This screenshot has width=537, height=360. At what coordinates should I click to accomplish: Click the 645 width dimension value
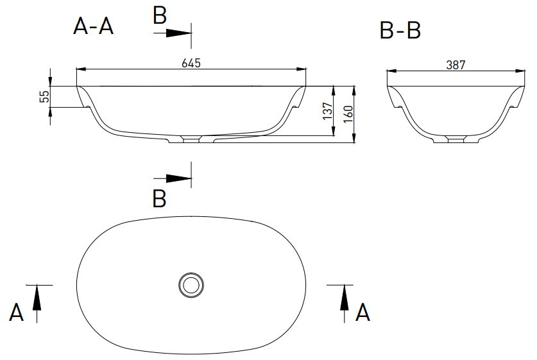click(191, 63)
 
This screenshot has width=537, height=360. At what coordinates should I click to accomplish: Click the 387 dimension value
click(456, 65)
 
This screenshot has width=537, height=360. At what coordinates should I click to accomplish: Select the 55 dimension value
click(44, 97)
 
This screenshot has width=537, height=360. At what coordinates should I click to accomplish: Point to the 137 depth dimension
click(328, 110)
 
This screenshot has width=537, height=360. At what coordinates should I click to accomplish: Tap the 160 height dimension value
click(348, 114)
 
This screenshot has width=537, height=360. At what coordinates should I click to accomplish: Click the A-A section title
click(93, 26)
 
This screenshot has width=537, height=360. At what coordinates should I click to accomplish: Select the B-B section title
click(400, 30)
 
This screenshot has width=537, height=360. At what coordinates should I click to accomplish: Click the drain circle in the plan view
click(191, 285)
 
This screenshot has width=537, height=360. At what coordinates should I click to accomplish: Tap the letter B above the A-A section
click(160, 15)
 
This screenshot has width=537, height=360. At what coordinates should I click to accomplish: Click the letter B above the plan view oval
click(159, 199)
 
